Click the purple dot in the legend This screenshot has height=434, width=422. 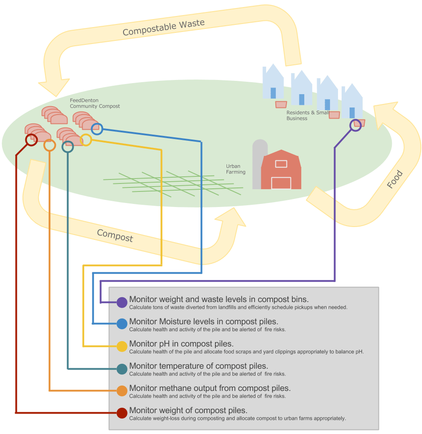122,303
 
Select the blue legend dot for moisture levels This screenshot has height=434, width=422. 122,324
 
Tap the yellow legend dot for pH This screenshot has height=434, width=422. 122,346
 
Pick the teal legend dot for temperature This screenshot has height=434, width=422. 122,369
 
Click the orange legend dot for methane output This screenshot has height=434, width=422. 122,391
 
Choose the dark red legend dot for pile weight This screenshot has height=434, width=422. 122,413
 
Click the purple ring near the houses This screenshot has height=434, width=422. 355,125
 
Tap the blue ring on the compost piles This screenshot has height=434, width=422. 97,129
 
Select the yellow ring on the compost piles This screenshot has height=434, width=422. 86,140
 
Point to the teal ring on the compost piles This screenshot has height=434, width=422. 68,147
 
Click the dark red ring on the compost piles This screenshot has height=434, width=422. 31,140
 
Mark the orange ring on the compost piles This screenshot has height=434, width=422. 50,145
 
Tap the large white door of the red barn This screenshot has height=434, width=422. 281,183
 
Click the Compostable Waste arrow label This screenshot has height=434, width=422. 163,28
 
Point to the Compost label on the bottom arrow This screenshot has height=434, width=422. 115,235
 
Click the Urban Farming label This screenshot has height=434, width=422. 235,169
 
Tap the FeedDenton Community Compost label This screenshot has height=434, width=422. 95,104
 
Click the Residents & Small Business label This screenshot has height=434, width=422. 307,115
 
